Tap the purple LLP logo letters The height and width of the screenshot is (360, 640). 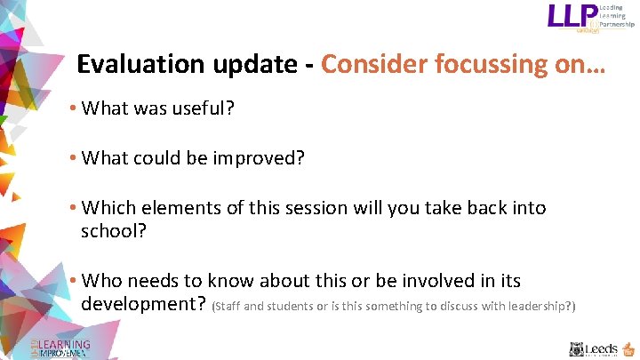pos(572,18)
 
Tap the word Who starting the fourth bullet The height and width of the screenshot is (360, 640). pos(100,281)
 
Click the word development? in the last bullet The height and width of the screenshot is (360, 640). pos(144,304)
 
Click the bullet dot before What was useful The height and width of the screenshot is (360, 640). pos(72,109)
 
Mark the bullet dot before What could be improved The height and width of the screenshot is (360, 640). pos(72,159)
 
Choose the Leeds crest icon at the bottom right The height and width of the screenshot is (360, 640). pos(577,349)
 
